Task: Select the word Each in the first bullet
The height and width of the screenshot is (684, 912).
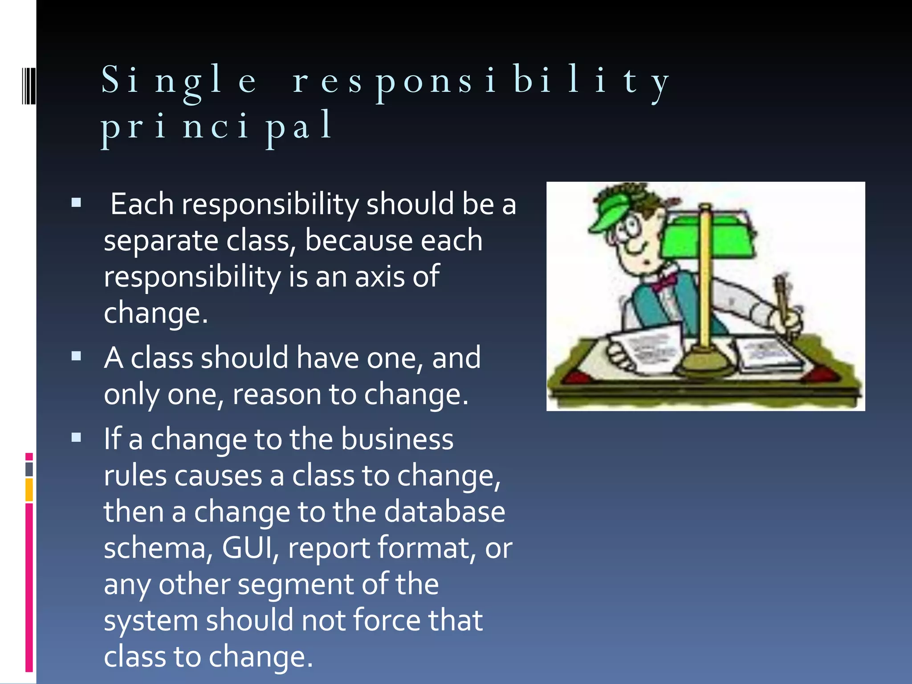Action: (x=142, y=204)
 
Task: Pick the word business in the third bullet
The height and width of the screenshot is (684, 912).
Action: (x=397, y=439)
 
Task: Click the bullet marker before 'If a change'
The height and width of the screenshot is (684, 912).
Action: (x=77, y=438)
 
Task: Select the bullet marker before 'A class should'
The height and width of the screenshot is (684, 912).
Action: (x=77, y=356)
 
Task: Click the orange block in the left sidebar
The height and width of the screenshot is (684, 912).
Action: (x=29, y=490)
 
